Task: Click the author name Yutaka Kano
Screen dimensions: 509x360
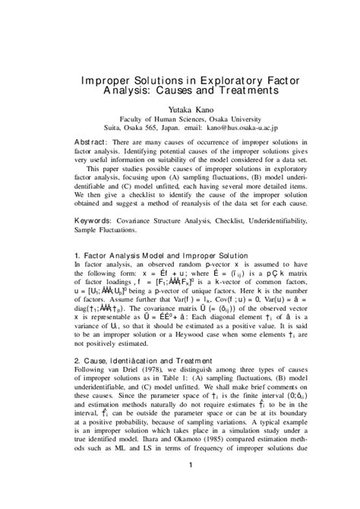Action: coord(180,109)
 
